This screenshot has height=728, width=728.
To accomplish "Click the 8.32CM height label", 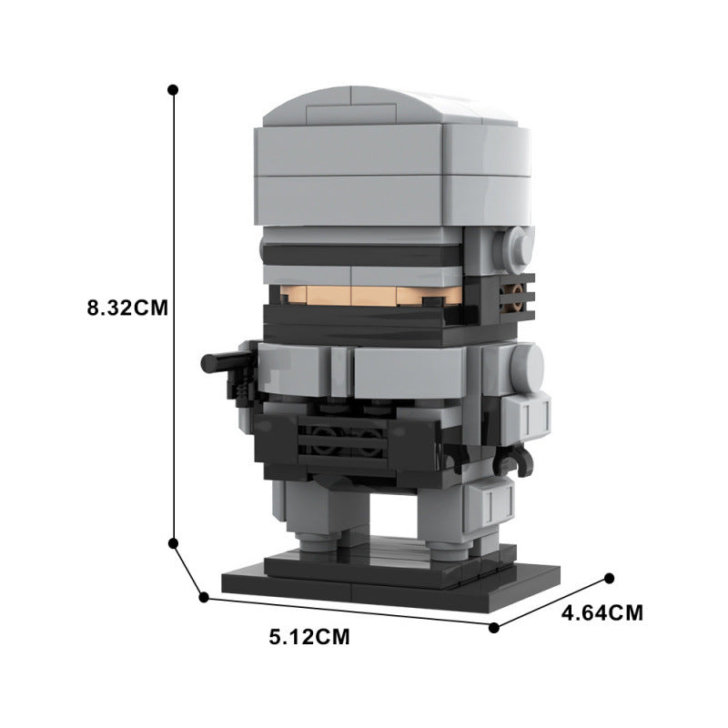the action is tap(127, 308).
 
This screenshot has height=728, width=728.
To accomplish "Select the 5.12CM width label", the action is tap(309, 636).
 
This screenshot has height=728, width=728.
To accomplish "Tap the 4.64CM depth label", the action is tap(602, 612).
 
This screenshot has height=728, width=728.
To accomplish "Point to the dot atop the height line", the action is tap(173, 89).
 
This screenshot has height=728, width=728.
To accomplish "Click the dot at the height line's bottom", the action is tap(173, 543).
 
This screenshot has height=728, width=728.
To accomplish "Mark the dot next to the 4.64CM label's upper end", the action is tap(610, 578).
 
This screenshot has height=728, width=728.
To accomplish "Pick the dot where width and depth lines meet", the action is tap(494, 628).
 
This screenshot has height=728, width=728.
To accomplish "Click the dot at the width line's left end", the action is tap(203, 598).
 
